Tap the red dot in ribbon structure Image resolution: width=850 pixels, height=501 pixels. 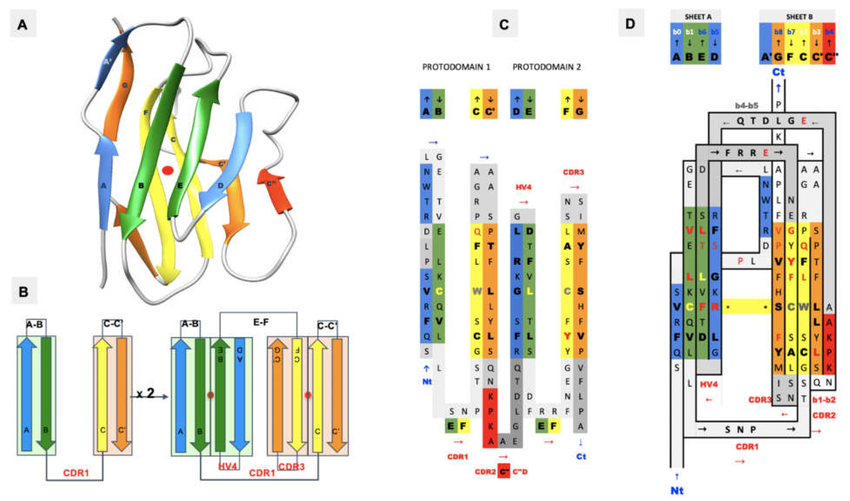pos(168,170)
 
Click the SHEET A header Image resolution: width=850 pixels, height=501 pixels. pos(696,17)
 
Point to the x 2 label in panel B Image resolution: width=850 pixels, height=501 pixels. pos(146,393)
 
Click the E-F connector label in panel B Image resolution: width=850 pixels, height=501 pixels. pos(261,322)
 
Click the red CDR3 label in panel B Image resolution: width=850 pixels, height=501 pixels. pos(292,467)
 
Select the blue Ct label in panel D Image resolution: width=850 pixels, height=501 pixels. pos(778,72)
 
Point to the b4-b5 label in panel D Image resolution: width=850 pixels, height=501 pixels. pos(746,106)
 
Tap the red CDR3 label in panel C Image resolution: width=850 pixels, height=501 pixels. pos(573,172)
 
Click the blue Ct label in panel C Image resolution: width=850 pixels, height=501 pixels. pos(581,456)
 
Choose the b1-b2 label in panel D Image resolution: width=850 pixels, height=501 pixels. pos(823,400)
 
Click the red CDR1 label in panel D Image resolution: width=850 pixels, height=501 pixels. pos(747,447)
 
